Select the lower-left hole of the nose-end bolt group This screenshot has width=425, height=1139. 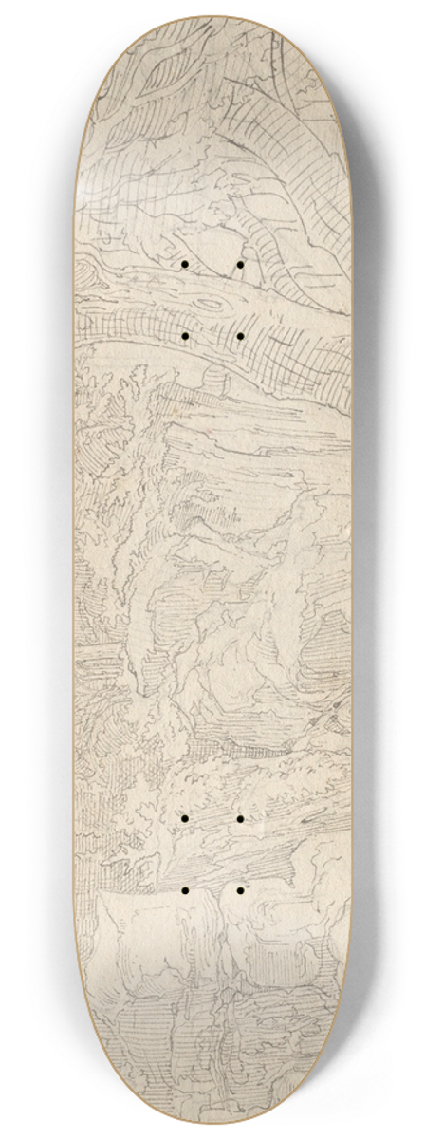point(186,336)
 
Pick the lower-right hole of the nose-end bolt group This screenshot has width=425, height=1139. point(240,336)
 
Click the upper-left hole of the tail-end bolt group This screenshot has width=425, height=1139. point(186,817)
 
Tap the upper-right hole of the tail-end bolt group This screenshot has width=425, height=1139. point(240,817)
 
